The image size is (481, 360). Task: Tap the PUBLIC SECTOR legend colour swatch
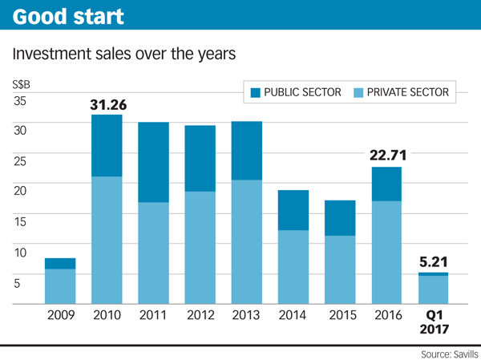point(256,93)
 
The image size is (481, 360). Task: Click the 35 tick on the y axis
point(20,101)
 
